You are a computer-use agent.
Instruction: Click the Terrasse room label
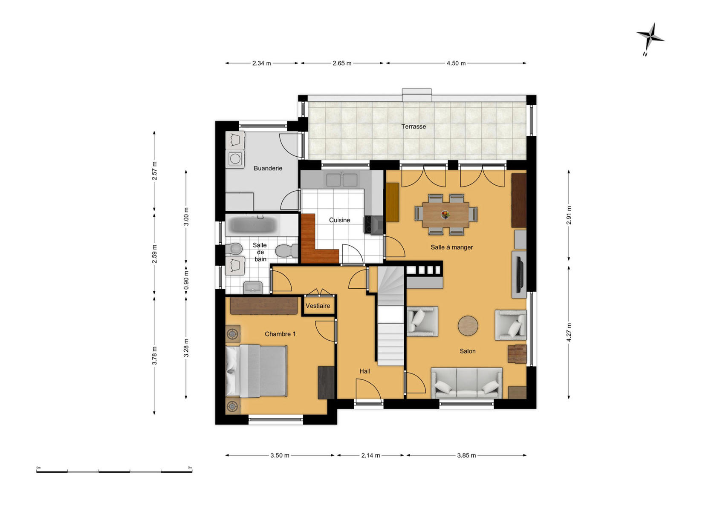click(x=414, y=127)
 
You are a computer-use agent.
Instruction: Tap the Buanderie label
click(x=268, y=168)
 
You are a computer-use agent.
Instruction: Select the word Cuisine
click(x=340, y=220)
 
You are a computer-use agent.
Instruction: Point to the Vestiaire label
click(x=318, y=306)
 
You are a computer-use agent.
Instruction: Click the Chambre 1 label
click(x=280, y=334)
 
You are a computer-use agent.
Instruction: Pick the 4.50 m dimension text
click(x=456, y=63)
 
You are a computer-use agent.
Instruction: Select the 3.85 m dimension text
click(x=466, y=456)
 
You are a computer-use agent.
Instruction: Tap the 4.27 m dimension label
click(x=569, y=333)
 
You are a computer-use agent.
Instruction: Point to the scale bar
click(x=114, y=471)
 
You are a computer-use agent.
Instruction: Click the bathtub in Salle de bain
click(x=252, y=225)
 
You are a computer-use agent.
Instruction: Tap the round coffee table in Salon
click(x=468, y=326)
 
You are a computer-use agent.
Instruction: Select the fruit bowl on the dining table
click(x=445, y=214)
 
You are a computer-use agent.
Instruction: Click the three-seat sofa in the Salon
click(x=467, y=383)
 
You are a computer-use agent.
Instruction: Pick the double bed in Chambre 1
click(x=256, y=371)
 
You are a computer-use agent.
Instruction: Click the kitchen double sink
click(x=342, y=180)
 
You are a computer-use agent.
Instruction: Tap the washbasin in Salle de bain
click(x=253, y=287)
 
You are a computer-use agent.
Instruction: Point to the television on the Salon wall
click(x=519, y=274)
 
